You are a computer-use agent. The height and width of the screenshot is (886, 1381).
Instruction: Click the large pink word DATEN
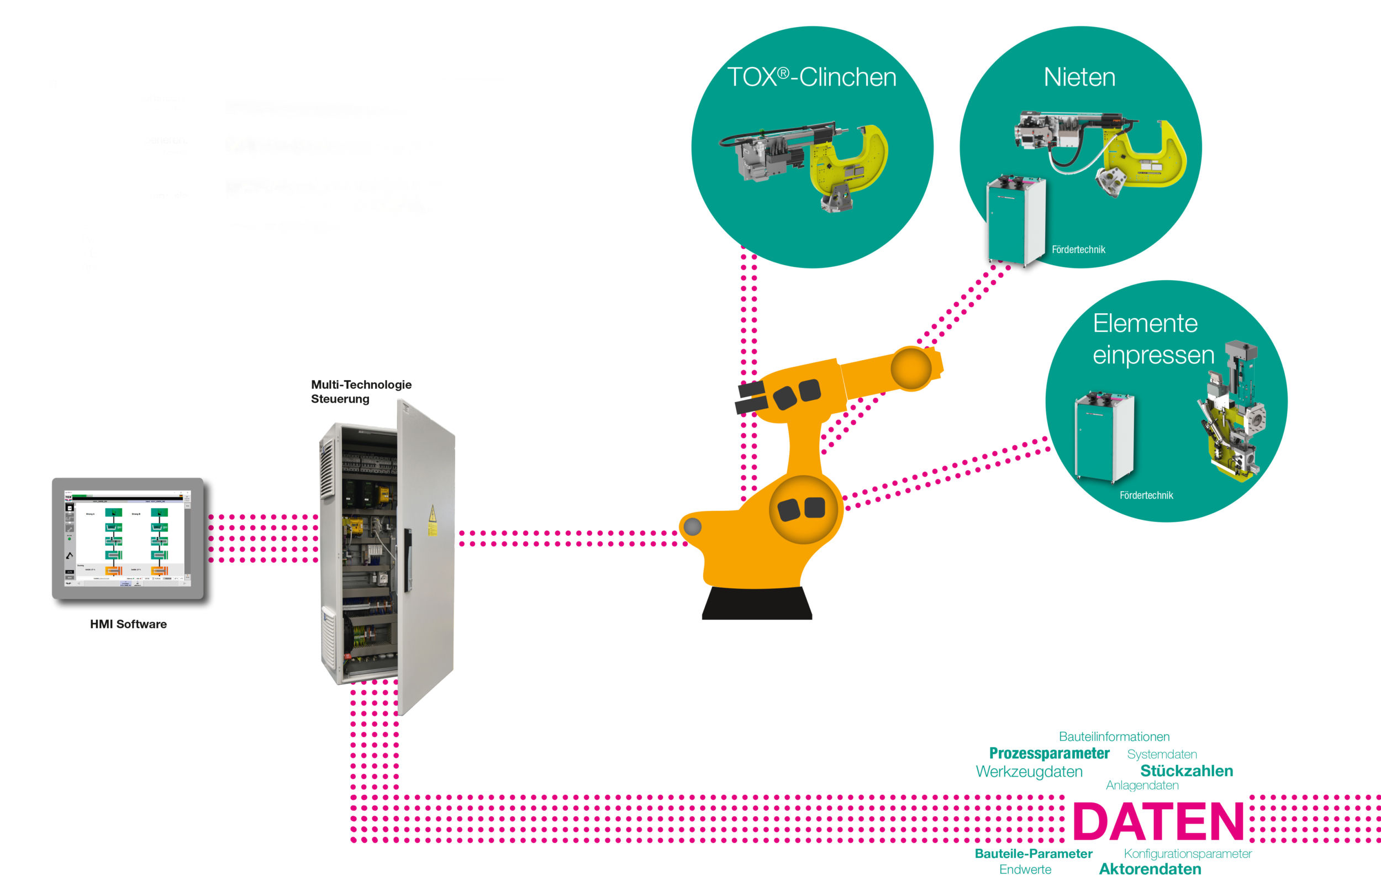pyautogui.click(x=1157, y=821)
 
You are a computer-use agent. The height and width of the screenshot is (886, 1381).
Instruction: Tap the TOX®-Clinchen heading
pyautogui.click(x=811, y=77)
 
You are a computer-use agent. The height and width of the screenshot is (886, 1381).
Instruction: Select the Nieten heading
pyautogui.click(x=1079, y=77)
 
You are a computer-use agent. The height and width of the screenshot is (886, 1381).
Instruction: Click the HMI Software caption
pyautogui.click(x=128, y=624)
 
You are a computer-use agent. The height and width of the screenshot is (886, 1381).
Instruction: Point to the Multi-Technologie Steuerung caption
pyautogui.click(x=361, y=391)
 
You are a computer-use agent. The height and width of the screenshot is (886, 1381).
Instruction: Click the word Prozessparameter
pyautogui.click(x=1048, y=753)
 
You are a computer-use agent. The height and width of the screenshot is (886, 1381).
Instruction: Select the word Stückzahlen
pyautogui.click(x=1186, y=771)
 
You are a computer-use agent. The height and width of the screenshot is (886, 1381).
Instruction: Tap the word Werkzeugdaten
pyautogui.click(x=1029, y=772)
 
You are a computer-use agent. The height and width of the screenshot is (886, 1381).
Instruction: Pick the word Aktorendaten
pyautogui.click(x=1150, y=869)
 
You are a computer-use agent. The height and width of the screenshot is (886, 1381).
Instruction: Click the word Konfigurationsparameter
pyautogui.click(x=1187, y=853)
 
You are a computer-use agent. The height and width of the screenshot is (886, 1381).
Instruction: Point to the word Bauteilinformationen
pyautogui.click(x=1114, y=736)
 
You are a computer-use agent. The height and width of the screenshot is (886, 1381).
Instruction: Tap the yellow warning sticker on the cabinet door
pyautogui.click(x=433, y=521)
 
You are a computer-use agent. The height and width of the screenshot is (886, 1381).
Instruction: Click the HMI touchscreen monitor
pyautogui.click(x=128, y=539)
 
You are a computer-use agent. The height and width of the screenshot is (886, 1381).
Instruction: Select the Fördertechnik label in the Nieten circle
pyautogui.click(x=1078, y=250)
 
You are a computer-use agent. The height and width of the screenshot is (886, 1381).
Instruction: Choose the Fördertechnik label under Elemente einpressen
pyautogui.click(x=1146, y=495)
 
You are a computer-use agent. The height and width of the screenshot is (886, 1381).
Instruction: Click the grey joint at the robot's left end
pyautogui.click(x=693, y=526)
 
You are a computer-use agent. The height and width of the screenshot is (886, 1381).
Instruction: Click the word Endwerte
pyautogui.click(x=1025, y=869)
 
